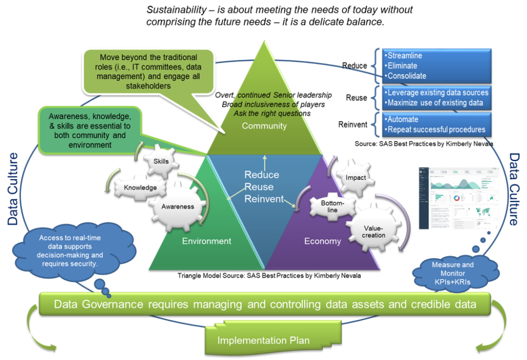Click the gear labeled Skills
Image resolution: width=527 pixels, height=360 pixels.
coord(161,161)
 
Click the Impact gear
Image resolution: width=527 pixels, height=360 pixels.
coord(356,178)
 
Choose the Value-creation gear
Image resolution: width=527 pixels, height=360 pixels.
coord(374,231)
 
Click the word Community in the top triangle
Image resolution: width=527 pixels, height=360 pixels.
coord(264,126)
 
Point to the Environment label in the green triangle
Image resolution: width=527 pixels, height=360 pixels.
coord(206,241)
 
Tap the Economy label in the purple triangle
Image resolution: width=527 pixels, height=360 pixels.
coord(322,241)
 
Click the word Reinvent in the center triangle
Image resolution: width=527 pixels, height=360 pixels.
coord(263,199)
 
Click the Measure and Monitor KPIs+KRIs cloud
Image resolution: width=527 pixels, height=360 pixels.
coord(453,273)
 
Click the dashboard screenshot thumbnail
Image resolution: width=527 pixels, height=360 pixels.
coord(459,198)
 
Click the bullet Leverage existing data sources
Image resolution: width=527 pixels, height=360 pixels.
coord(437,93)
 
